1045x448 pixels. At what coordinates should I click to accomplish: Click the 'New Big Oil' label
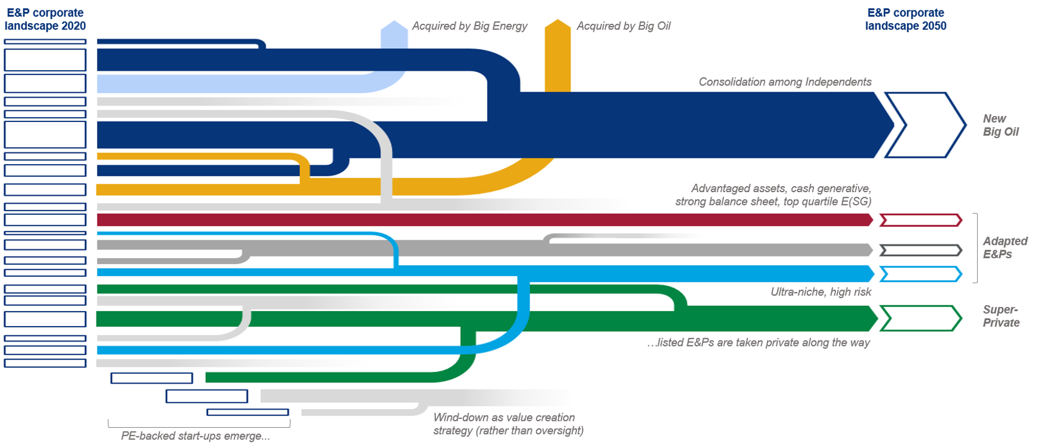[1000, 125]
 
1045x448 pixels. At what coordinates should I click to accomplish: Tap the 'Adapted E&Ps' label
[1005, 247]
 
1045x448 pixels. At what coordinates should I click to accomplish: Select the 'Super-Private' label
[1001, 316]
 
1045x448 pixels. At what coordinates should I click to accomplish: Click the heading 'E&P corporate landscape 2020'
[45, 19]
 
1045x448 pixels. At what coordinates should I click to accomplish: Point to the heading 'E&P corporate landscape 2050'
[906, 19]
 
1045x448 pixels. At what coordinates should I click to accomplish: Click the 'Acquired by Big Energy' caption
[469, 26]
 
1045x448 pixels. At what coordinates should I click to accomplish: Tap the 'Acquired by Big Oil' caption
[623, 26]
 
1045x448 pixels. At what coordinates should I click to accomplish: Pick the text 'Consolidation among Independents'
[785, 82]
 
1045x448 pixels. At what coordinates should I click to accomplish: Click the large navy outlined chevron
[925, 125]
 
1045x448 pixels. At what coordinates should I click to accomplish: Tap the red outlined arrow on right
[920, 220]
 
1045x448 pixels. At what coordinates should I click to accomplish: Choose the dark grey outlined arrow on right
[920, 250]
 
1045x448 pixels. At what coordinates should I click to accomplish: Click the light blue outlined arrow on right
[920, 274]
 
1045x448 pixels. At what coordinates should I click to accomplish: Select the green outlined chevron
[920, 319]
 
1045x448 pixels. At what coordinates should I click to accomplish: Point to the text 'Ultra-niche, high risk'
[820, 292]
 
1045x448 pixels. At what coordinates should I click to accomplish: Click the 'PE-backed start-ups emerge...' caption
[195, 436]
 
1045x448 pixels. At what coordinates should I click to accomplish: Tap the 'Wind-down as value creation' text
[504, 417]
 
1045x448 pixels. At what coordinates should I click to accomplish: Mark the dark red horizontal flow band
[482, 220]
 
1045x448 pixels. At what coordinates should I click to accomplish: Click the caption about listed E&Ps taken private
[758, 342]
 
